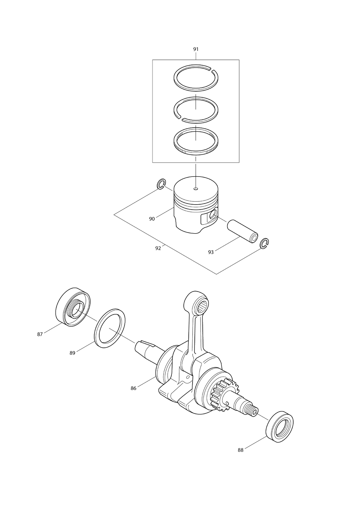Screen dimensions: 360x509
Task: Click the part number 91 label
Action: [196, 49]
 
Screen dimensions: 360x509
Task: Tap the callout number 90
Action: [152, 219]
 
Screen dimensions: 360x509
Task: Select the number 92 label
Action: [158, 248]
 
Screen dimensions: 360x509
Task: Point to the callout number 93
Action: [211, 252]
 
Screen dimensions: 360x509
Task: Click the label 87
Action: [40, 334]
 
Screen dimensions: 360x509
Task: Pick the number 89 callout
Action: [72, 353]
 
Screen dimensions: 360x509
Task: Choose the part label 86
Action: [133, 388]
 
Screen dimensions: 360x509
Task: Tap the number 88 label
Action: [241, 450]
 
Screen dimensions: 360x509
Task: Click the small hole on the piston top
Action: [196, 189]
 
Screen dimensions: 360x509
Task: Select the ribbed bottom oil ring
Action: [196, 141]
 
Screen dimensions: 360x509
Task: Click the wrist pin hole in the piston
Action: [214, 214]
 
